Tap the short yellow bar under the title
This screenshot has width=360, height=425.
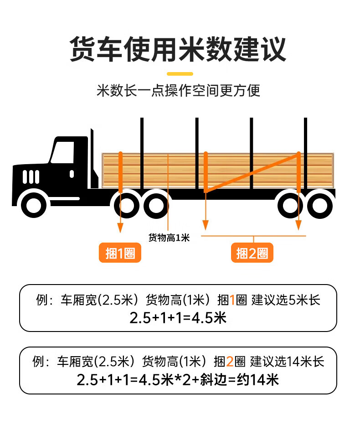click(x=180, y=74)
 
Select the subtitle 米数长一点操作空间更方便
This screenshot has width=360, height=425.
click(x=178, y=90)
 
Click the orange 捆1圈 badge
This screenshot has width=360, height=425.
click(x=120, y=254)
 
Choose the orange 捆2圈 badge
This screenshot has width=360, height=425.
click(x=252, y=254)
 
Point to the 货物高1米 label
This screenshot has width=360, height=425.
click(x=169, y=238)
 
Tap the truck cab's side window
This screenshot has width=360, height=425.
click(x=62, y=152)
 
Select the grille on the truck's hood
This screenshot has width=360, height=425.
click(x=31, y=176)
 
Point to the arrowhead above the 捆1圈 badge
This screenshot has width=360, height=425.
click(x=120, y=226)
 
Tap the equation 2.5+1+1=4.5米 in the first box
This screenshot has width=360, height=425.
click(x=178, y=317)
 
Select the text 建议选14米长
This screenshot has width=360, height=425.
click(x=287, y=362)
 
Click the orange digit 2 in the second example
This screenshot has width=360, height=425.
click(x=230, y=362)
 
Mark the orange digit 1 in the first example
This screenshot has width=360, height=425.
click(x=232, y=300)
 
